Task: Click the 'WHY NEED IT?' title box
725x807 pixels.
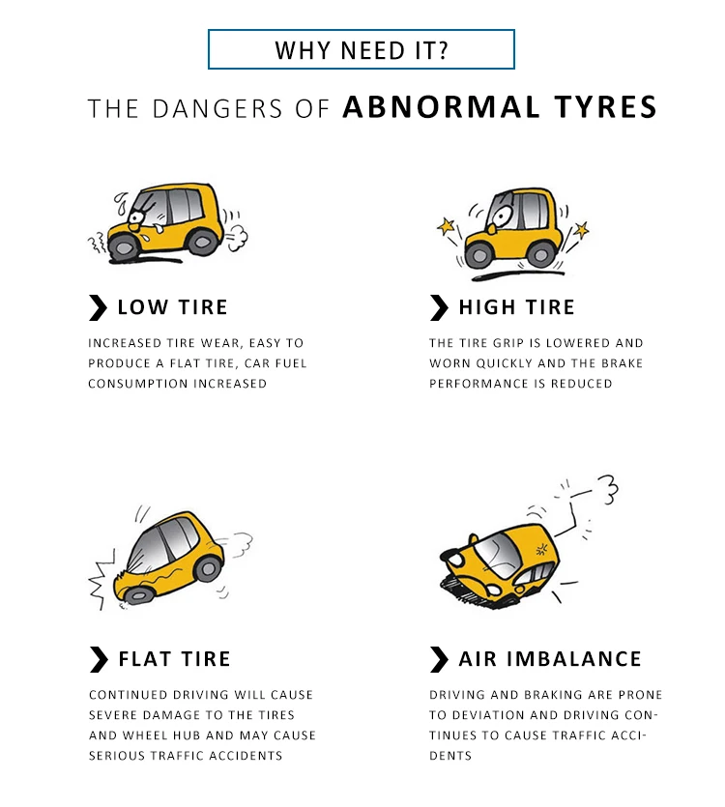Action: point(361,49)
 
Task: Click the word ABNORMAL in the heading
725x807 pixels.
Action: point(442,107)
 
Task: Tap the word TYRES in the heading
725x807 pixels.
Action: point(605,107)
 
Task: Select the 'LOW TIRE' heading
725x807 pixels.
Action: point(172,307)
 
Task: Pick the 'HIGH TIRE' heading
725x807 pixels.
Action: point(516,307)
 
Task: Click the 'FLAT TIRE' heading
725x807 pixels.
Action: point(174,659)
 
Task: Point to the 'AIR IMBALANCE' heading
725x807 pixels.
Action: point(550,659)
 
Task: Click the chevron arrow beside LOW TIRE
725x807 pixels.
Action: point(98,307)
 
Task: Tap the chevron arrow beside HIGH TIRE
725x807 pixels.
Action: point(439,307)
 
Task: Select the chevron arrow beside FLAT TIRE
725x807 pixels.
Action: point(99,659)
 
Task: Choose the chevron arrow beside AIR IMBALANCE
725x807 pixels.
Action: point(439,659)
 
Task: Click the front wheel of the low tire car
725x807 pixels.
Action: point(124,247)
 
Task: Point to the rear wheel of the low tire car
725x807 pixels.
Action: point(203,242)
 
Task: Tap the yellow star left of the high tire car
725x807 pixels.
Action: point(446,226)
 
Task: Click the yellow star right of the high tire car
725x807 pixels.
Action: point(581,230)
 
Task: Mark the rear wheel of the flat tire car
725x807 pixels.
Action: point(208,568)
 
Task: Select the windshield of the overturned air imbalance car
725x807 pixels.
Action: point(499,555)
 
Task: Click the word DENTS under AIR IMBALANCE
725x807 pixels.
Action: point(450,756)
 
